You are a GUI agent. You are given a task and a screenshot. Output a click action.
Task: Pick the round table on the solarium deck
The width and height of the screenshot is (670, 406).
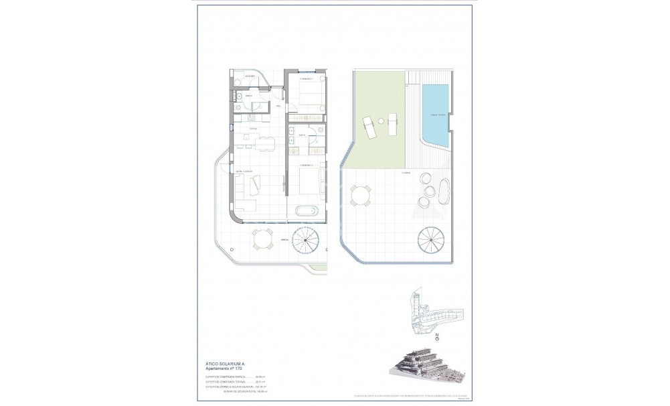[x=361, y=196]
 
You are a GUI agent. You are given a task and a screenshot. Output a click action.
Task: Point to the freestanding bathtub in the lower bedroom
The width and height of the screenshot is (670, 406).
[x=307, y=212]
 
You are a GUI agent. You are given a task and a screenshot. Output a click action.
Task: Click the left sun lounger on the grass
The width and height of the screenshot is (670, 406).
[x=369, y=125]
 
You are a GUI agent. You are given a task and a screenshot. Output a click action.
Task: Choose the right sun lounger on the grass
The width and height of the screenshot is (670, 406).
[x=393, y=125]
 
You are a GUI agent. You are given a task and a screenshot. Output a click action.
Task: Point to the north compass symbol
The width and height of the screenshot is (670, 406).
[x=437, y=339]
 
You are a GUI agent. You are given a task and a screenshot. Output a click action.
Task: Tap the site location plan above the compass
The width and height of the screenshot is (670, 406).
[x=434, y=311]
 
